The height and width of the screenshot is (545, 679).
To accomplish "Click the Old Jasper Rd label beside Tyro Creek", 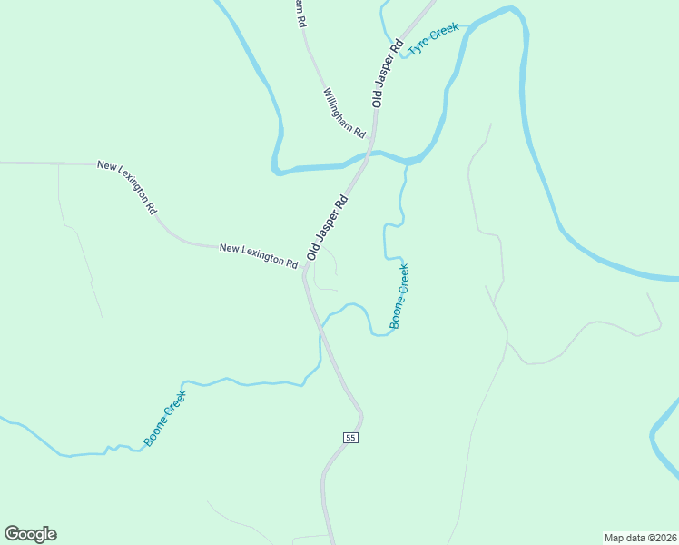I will point(388,74).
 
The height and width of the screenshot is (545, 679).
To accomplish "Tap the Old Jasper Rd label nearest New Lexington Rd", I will point(328,227).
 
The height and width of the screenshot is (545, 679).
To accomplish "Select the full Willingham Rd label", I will point(344,113).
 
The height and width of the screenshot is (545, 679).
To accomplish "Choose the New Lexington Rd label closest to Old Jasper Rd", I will point(259,254).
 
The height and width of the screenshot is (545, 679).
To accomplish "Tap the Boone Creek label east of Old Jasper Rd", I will point(399,296).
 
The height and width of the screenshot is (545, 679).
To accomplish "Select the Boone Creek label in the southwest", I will point(164,419).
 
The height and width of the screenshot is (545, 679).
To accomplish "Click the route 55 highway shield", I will point(351,438).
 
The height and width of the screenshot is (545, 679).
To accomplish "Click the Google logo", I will point(30,534).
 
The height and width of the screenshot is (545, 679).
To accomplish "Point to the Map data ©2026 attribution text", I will point(640,537).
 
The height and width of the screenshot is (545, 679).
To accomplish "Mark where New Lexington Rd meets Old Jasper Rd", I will point(304,272).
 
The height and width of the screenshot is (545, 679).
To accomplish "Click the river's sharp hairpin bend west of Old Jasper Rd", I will point(274,168).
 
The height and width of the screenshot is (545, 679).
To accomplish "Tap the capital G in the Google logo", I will point(12,534).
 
